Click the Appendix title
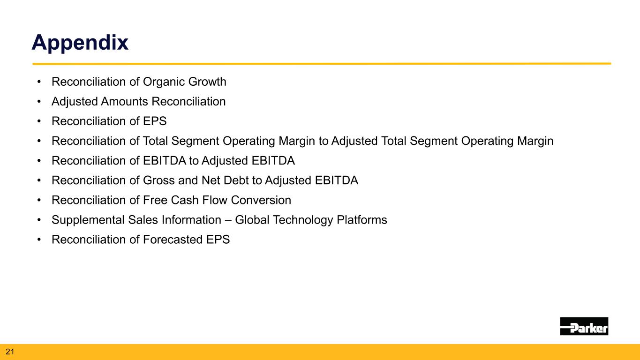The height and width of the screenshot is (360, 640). (x=80, y=43)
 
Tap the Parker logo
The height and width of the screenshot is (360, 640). (x=584, y=326)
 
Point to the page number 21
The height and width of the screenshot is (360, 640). (x=10, y=352)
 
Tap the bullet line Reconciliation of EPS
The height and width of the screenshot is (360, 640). (x=109, y=121)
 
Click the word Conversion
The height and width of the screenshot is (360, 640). (x=261, y=200)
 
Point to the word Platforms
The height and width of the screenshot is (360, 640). (x=361, y=220)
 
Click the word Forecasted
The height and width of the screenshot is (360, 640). (x=173, y=240)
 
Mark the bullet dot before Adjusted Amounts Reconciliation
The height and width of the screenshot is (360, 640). (x=39, y=101)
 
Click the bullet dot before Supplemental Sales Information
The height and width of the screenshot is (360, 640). (x=39, y=220)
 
